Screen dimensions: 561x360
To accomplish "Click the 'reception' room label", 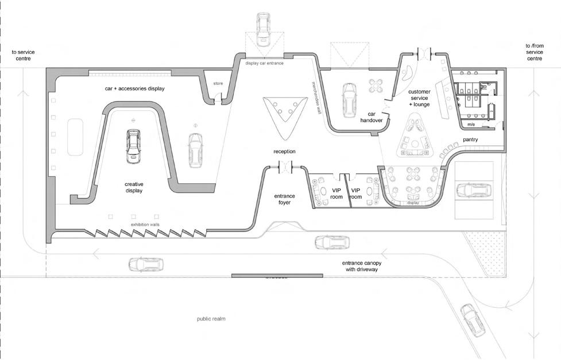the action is coord(284,152).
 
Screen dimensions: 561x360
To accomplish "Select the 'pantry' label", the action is coord(470,140).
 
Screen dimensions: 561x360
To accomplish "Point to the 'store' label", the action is coord(218,84).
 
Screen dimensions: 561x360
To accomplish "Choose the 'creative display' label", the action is coord(133,187).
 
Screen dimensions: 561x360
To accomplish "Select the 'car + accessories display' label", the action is coord(134,89).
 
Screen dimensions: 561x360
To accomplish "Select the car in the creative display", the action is coord(133,146).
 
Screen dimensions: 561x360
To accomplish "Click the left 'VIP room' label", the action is coord(336,193).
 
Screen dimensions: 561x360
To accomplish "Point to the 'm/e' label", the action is coord(471,123).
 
